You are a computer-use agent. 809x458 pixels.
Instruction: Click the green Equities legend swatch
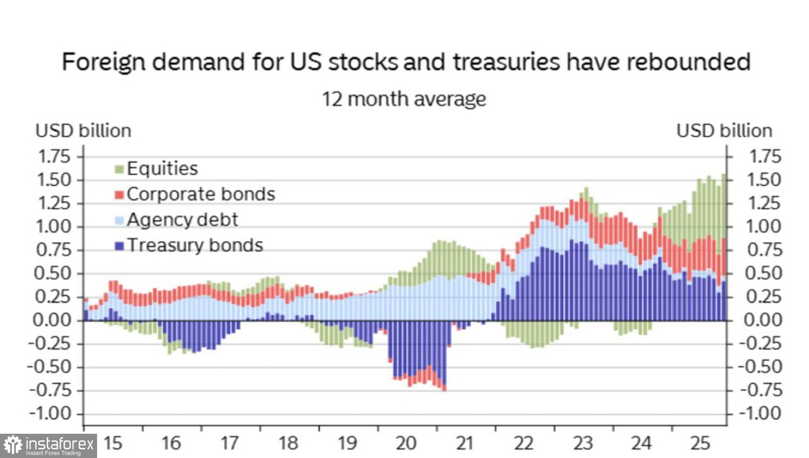tap(120, 170)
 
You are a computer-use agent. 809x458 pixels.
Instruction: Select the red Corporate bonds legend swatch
tap(120, 195)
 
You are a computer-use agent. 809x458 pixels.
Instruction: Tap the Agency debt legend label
tap(182, 220)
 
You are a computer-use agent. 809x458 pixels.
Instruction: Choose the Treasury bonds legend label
tap(195, 245)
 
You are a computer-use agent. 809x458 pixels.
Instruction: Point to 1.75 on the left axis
tap(54, 157)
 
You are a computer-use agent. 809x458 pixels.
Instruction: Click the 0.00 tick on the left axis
tap(52, 320)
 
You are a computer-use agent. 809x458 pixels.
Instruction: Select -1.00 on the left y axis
tap(50, 414)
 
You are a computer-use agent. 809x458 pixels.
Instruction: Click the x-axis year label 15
tap(113, 443)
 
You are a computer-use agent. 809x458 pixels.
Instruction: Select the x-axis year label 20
tap(406, 443)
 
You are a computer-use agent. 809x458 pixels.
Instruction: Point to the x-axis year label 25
tap(700, 443)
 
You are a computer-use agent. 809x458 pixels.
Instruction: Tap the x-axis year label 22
tap(524, 443)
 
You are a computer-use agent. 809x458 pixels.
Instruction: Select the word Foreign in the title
tap(104, 62)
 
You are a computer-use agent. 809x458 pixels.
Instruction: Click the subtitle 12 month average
tap(404, 99)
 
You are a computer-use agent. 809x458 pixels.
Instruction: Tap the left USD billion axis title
tap(83, 131)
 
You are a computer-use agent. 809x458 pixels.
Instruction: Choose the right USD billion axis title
tap(724, 131)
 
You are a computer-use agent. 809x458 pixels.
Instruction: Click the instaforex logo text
tap(59, 445)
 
